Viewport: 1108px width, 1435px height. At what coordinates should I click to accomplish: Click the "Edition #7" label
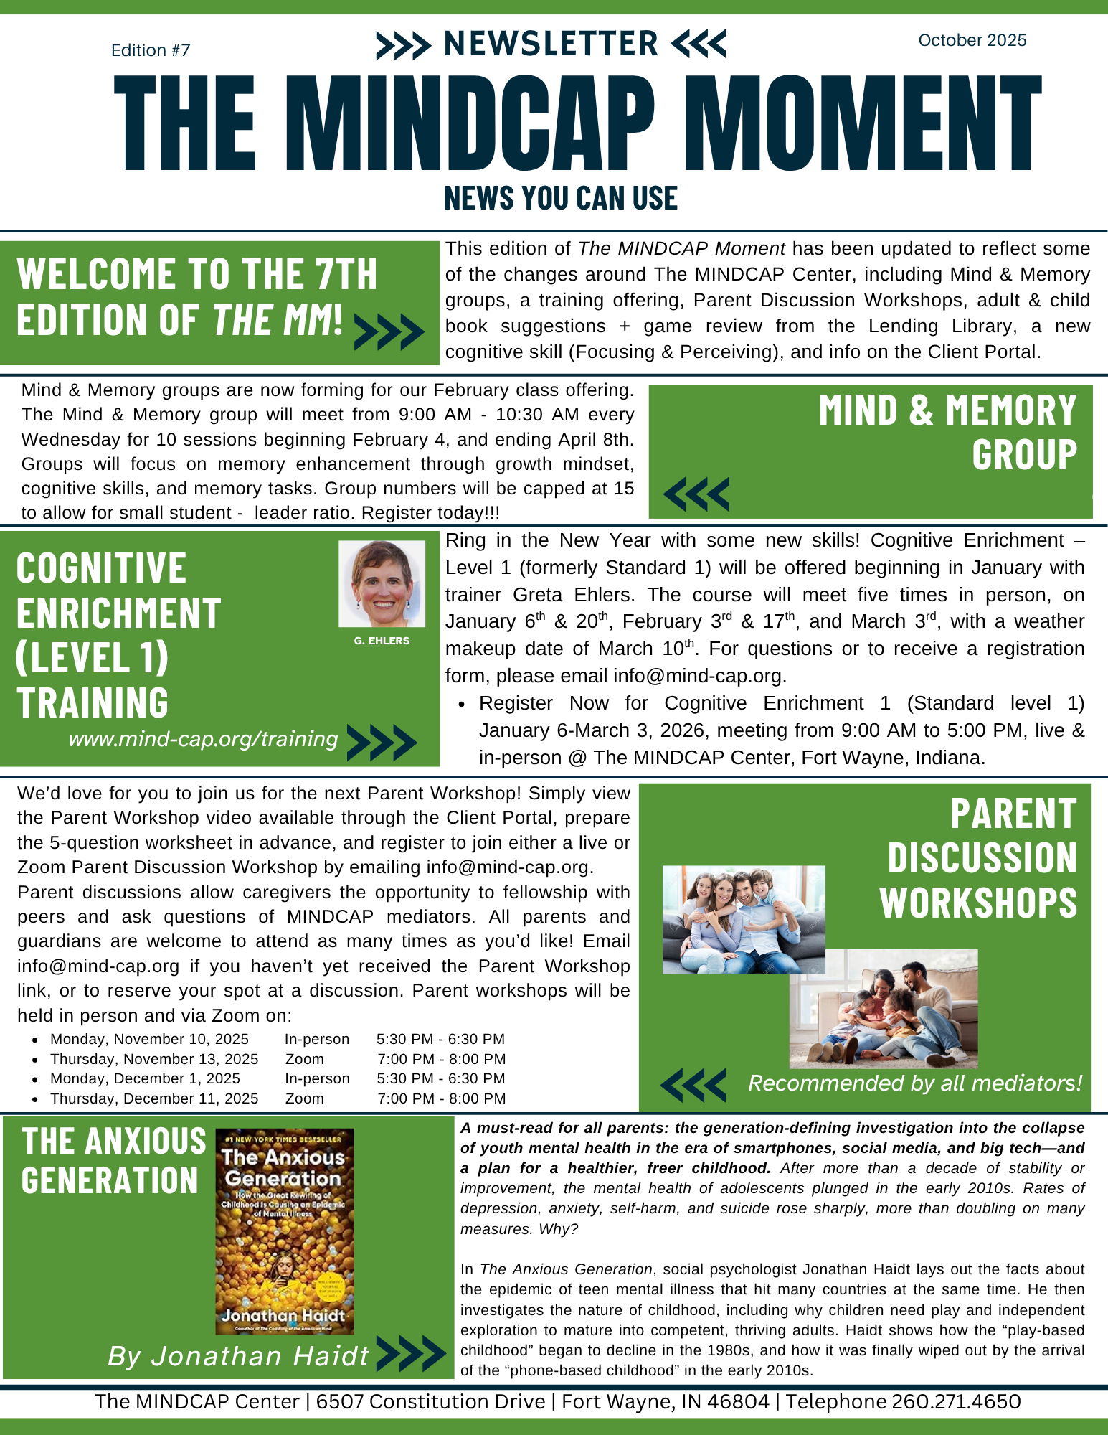(x=151, y=50)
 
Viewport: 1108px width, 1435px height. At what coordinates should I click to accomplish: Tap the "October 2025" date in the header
(x=972, y=40)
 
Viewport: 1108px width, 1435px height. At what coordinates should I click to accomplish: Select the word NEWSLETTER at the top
(x=551, y=44)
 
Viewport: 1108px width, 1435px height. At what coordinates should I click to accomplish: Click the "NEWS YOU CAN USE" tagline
(x=560, y=198)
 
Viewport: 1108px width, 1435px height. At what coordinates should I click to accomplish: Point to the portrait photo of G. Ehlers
(x=382, y=583)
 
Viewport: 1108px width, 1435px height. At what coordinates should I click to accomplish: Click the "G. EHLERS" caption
(x=382, y=641)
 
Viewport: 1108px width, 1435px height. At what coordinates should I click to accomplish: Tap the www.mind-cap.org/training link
(x=203, y=739)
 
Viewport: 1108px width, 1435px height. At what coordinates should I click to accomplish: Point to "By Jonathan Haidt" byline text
(x=237, y=1356)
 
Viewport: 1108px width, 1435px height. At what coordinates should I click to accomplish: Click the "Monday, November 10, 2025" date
(x=149, y=1039)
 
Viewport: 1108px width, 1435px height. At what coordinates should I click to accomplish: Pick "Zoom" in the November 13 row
(x=305, y=1059)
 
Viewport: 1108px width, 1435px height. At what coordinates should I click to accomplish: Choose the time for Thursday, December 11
(x=441, y=1098)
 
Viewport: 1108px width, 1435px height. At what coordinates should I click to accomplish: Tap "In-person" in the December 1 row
(x=317, y=1078)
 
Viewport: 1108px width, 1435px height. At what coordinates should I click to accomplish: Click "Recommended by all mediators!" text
(x=914, y=1083)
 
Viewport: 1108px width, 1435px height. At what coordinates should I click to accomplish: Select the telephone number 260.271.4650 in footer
(x=955, y=1401)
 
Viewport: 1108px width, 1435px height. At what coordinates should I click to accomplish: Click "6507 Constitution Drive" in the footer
(x=430, y=1401)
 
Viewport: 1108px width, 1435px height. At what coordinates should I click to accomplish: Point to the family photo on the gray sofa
(x=743, y=919)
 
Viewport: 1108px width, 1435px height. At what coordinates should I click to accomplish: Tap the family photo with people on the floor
(x=884, y=1009)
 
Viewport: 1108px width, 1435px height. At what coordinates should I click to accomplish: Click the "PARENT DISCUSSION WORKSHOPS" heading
(x=978, y=858)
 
